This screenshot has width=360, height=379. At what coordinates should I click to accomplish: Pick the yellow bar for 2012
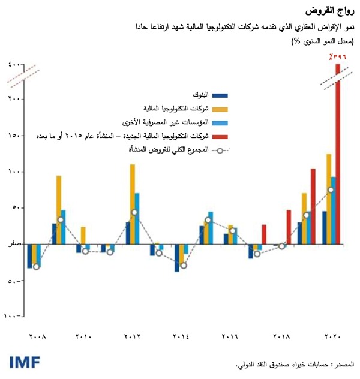coord(133,204)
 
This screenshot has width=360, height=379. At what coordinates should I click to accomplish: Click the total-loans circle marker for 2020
coord(331,190)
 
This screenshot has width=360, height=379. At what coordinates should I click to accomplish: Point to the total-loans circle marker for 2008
coord(37,266)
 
